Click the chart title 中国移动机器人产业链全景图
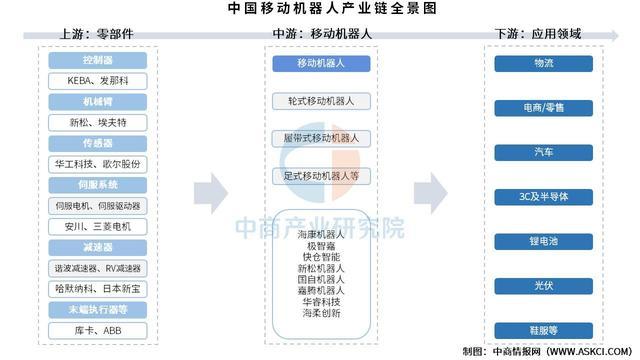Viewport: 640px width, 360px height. tap(319, 9)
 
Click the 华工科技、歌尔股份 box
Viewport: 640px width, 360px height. tap(99, 163)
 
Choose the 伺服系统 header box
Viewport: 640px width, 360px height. tap(99, 185)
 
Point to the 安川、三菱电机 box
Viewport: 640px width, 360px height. tap(99, 225)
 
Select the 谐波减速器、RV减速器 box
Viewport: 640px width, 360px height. tap(99, 268)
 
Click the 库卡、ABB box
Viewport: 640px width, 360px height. tap(99, 330)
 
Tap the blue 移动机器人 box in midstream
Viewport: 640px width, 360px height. tap(320, 63)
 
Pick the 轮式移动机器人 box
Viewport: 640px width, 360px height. tap(320, 101)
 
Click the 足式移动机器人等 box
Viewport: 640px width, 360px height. tap(320, 175)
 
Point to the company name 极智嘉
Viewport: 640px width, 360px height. tap(320, 246)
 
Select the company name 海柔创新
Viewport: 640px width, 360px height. tap(320, 313)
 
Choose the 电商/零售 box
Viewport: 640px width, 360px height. tap(544, 107)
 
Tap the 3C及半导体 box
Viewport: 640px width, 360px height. tap(544, 196)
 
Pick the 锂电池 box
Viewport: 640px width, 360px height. tap(544, 241)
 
